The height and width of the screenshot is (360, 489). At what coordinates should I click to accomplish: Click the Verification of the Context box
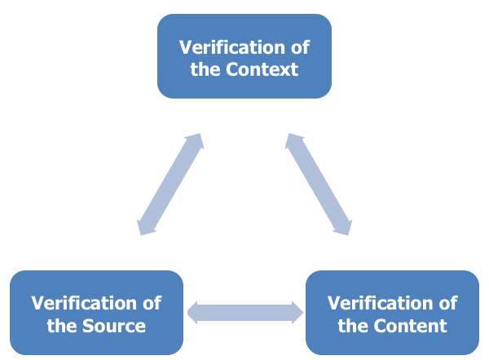pyautogui.click(x=244, y=56)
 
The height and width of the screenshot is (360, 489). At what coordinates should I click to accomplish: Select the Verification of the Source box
pyautogui.click(x=96, y=314)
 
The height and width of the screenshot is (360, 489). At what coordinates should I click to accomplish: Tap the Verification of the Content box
pyautogui.click(x=392, y=314)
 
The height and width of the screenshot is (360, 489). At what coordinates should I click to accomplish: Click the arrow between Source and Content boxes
pyautogui.click(x=245, y=312)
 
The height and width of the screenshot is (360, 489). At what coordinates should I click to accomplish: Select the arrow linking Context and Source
pyautogui.click(x=170, y=185)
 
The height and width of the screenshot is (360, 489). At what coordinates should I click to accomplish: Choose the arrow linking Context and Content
pyautogui.click(x=318, y=185)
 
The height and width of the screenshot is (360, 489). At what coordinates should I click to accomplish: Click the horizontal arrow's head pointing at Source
pyautogui.click(x=195, y=312)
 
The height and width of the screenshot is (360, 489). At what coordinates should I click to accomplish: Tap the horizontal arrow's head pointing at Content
pyautogui.click(x=296, y=312)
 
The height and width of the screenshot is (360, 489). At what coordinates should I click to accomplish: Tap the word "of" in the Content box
pyautogui.click(x=447, y=304)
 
